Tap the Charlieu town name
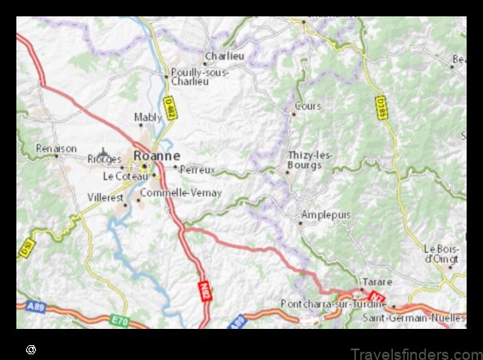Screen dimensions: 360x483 click(x=225, y=56)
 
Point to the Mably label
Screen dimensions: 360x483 click(x=148, y=118)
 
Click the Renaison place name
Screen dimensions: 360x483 click(x=56, y=148)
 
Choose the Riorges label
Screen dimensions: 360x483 click(x=104, y=160)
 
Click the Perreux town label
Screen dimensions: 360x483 click(x=197, y=169)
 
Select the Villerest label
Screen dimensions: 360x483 click(x=107, y=197)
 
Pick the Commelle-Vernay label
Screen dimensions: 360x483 click(x=181, y=193)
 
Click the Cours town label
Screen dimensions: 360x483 click(x=309, y=106)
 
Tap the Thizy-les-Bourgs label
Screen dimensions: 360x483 click(x=310, y=159)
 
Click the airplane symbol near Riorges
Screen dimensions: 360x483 click(x=104, y=152)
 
